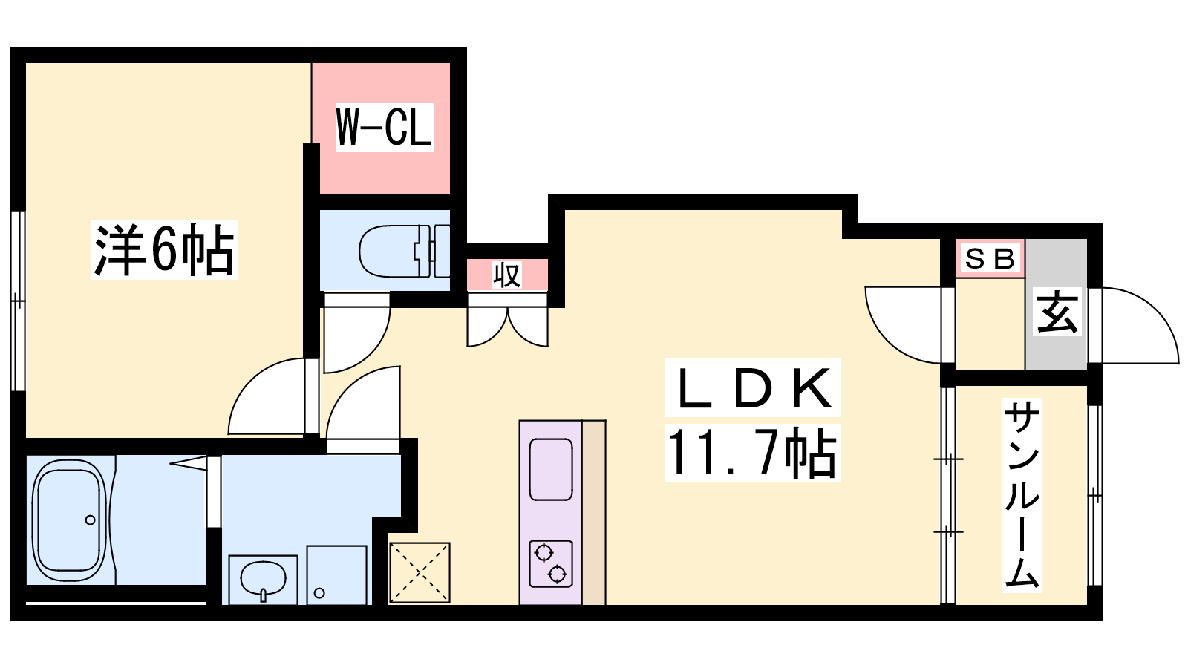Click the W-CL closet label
pos(384,127)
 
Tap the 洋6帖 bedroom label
pos(164,249)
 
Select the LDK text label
pos(753,387)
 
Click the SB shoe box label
pos(990,259)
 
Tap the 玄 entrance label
pos(1057,312)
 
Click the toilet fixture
pos(404,252)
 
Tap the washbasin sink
pos(263,579)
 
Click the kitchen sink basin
pos(551,469)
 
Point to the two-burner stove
pos(551,563)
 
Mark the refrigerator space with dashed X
pos(420,572)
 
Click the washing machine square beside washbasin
pos(337,575)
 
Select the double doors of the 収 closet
pos(507,327)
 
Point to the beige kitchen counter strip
pos(594,513)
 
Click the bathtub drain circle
pos(90,520)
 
